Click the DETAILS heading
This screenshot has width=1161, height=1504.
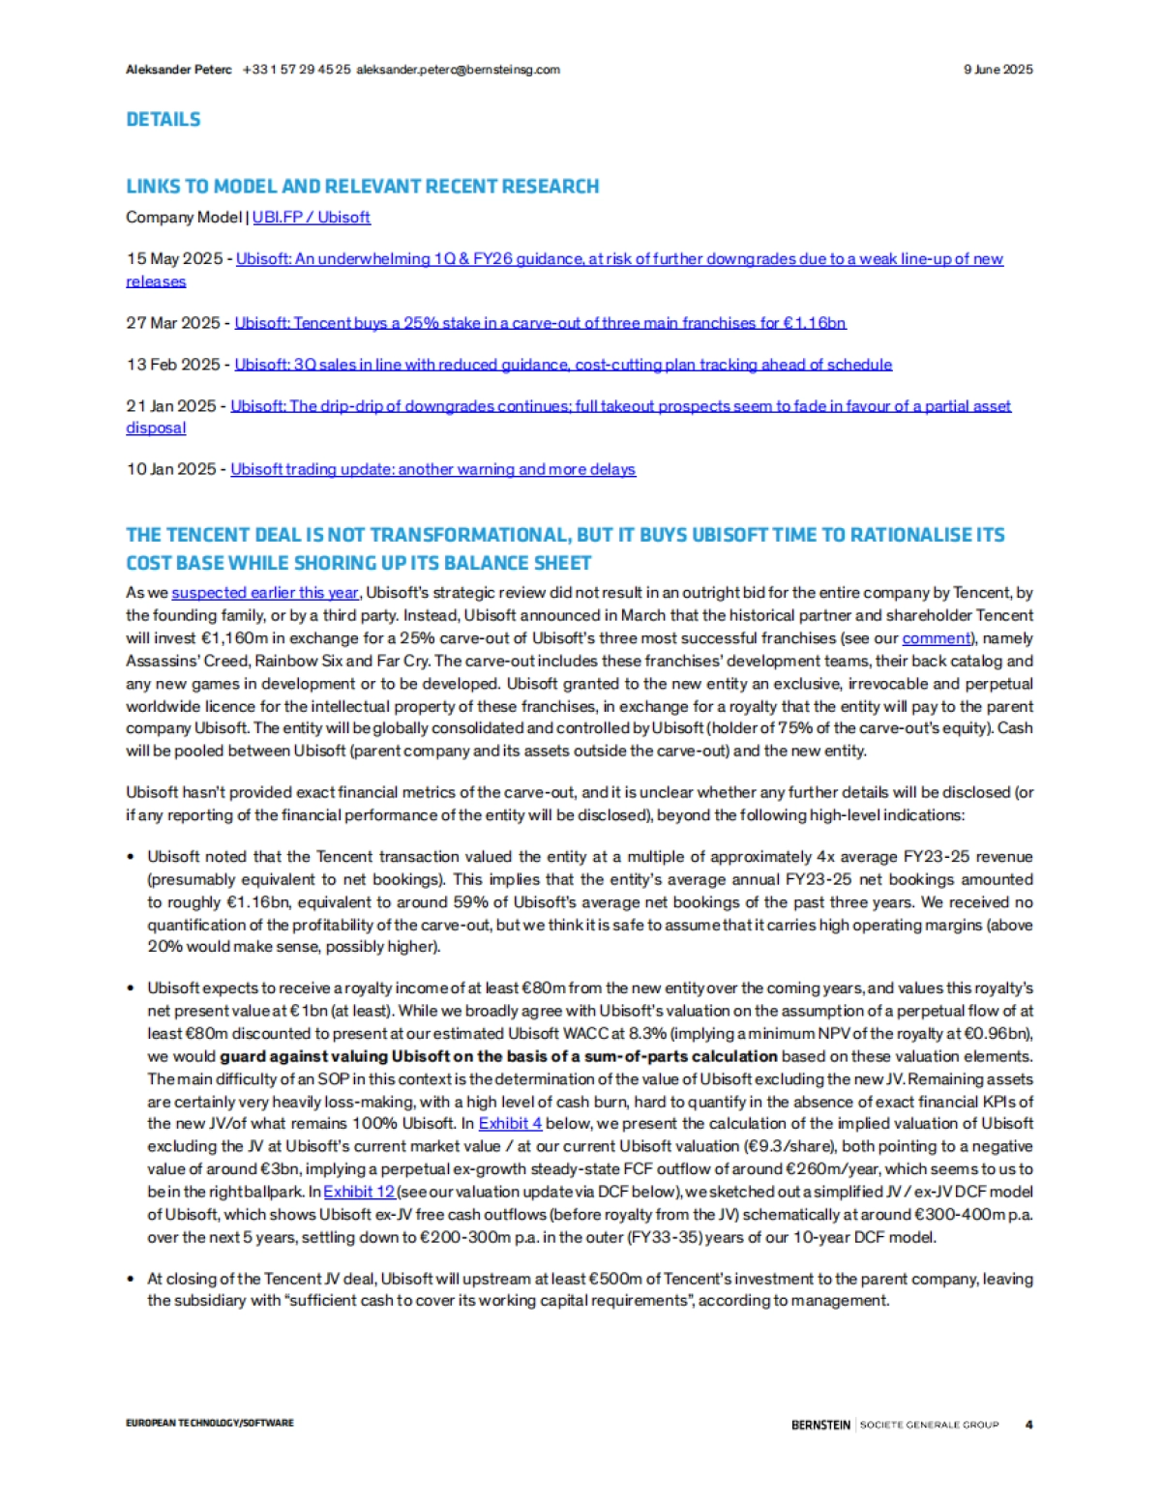[164, 120]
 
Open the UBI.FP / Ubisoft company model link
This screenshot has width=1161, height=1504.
[311, 218]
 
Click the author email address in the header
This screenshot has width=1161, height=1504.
[458, 70]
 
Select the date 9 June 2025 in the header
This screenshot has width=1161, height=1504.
[997, 70]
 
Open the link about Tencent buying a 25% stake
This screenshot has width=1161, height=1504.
[540, 323]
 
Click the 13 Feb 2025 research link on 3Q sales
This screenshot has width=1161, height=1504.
[563, 365]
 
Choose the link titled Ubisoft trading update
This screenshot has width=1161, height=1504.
[432, 469]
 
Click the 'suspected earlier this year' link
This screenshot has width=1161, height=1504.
[265, 593]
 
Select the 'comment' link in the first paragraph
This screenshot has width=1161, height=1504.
[937, 638]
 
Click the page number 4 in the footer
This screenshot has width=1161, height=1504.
[1028, 1425]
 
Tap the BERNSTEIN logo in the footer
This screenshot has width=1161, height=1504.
[820, 1425]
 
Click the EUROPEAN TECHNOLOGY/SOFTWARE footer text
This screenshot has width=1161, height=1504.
[210, 1424]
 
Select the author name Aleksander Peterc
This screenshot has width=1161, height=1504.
[179, 70]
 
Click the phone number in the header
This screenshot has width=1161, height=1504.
[296, 70]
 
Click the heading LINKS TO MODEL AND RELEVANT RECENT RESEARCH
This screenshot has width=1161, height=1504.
[363, 187]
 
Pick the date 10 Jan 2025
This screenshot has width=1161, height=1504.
[171, 469]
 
